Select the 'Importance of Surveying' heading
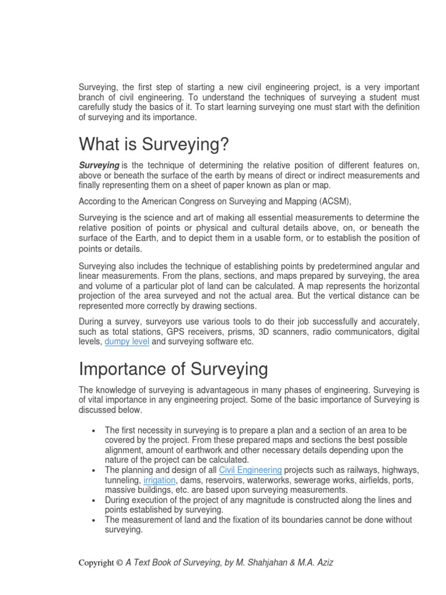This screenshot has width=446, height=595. [173, 368]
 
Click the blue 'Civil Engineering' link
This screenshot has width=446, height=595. [250, 469]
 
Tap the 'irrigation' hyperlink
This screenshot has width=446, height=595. [160, 480]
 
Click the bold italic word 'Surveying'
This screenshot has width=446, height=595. [99, 165]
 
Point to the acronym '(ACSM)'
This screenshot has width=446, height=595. [334, 201]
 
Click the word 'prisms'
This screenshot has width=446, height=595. [239, 332]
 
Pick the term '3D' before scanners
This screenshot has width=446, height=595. [264, 332]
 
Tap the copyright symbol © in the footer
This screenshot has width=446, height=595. [119, 562]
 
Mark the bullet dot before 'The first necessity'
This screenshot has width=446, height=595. [94, 431]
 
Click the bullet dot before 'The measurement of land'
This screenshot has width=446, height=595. [94, 521]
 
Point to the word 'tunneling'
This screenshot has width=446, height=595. [123, 480]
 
